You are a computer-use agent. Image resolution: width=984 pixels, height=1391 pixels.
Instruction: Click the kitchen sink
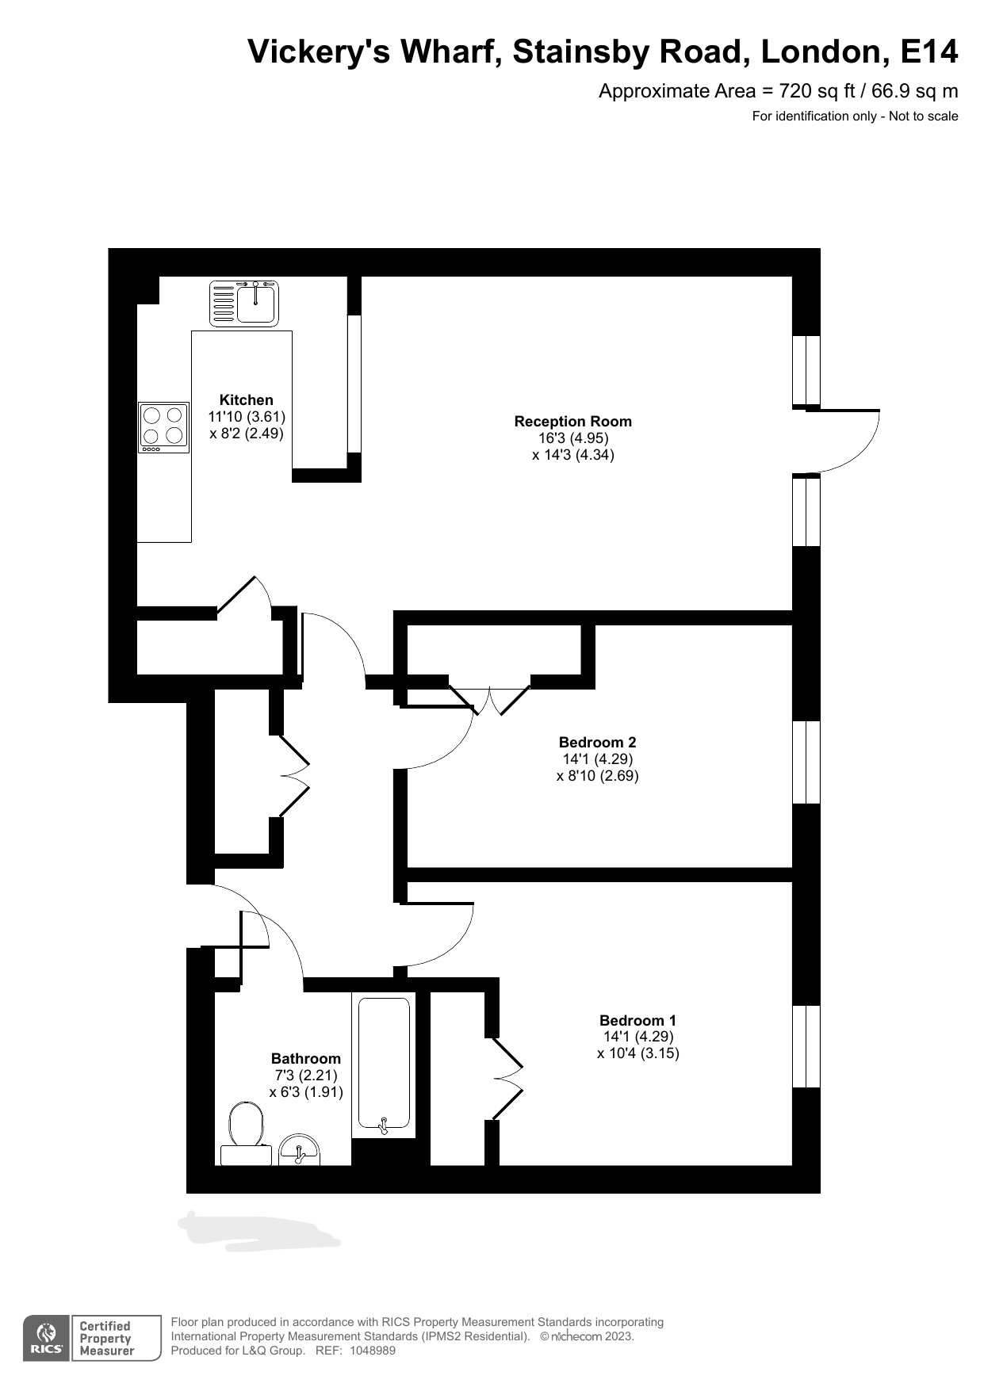pos(244,304)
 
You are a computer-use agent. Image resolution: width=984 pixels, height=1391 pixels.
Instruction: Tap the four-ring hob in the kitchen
pos(163,427)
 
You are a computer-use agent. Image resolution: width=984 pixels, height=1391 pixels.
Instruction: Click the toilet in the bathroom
pos(246,1133)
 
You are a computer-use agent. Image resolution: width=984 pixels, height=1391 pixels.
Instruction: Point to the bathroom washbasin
pos(299,1150)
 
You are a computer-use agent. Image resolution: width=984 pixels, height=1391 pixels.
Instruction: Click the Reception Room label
pos(573,422)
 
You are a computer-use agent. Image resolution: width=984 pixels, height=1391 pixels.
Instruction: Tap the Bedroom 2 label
pos(597,743)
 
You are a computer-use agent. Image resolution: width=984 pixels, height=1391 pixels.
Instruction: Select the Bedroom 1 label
pos(637,1020)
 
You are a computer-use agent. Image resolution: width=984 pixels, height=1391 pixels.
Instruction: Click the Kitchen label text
pos(247,400)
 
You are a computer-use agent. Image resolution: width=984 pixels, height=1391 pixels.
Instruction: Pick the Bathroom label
pos(306,1058)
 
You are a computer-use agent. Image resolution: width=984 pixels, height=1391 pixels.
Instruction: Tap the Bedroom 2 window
pos(806,762)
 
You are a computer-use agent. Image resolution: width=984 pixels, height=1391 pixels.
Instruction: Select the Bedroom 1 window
pos(806,1046)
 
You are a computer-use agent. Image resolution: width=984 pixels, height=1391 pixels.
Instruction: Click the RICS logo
pos(47,1339)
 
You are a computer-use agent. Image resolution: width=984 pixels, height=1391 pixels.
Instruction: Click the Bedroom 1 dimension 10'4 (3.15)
pos(638,1053)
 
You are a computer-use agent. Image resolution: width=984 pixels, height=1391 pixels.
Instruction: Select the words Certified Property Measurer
pos(106,1338)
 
